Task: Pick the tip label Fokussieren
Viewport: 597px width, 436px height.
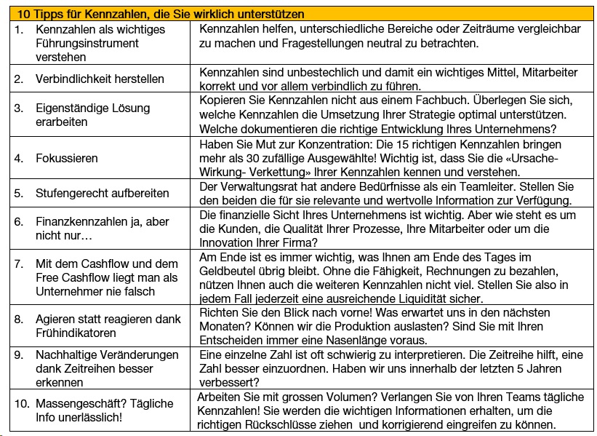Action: [66, 158]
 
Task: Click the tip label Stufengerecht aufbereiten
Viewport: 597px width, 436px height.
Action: [102, 194]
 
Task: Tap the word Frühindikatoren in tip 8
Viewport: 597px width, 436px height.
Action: [76, 333]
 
